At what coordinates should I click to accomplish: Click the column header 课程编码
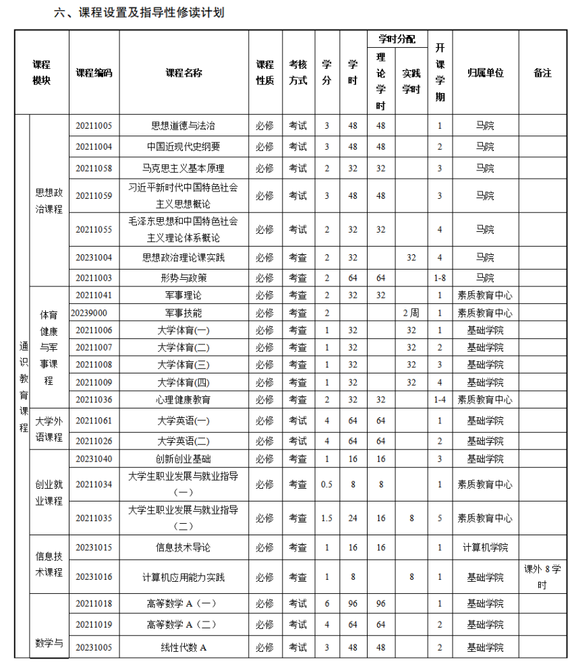94,73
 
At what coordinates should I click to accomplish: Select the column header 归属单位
485,73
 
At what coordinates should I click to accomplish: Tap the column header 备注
542,73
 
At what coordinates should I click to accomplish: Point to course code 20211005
94,125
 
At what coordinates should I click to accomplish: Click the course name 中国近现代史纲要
183,146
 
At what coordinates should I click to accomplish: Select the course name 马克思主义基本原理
183,168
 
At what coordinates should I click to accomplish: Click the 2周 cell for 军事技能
411,313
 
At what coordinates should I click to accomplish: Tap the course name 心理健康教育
183,400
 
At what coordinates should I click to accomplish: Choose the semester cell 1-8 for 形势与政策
440,278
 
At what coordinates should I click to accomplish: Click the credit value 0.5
327,485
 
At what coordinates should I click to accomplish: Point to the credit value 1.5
327,518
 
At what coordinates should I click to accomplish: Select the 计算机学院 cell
485,547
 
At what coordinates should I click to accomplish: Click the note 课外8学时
542,577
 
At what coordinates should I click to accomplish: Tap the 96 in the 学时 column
353,603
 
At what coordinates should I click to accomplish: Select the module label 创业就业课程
49,493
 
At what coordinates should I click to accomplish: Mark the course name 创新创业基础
183,459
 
